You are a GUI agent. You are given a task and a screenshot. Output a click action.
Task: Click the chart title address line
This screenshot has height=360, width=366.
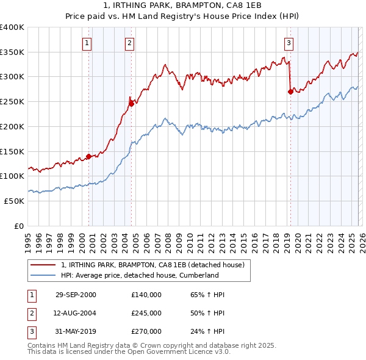[183, 5]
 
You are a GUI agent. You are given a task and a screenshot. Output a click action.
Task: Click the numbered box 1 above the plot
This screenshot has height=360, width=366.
[88, 43]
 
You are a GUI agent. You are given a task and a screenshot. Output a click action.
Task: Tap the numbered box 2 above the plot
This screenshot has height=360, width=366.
[131, 43]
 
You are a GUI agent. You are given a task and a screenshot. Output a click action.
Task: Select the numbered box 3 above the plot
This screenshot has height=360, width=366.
[289, 43]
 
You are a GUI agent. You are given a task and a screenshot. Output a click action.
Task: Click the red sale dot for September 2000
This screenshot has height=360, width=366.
[88, 156]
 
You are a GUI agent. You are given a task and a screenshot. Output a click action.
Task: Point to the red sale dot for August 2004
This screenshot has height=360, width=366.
[131, 104]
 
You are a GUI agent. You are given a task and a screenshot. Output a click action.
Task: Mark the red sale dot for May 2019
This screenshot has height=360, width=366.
[290, 92]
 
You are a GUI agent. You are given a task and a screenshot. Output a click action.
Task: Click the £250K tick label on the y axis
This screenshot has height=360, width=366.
[12, 101]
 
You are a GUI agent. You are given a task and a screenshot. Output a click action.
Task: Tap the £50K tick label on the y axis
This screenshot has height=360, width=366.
[15, 201]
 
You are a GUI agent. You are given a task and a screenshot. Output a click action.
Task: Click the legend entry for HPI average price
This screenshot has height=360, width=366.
[139, 275]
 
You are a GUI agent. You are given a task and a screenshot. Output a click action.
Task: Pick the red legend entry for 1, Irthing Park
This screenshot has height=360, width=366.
[152, 265]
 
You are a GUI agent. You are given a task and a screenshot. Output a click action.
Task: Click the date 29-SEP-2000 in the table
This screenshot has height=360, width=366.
[76, 295]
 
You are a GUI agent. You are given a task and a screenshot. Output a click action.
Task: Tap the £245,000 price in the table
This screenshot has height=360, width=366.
[146, 313]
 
